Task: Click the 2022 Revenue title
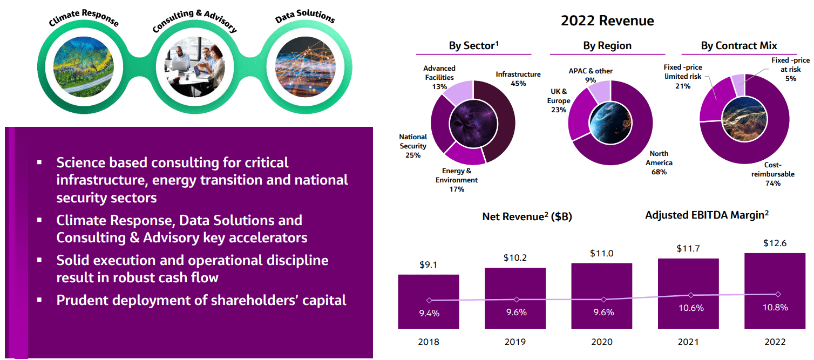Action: coord(607,21)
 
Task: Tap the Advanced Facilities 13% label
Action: coord(439,78)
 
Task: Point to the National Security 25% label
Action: coord(413,146)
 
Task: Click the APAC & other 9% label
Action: coord(591,76)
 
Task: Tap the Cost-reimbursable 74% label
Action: coord(765,174)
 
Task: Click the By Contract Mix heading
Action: coord(739,46)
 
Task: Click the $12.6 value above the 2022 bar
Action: coord(775,243)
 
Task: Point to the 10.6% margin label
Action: coord(690,308)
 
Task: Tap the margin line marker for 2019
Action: coord(517,300)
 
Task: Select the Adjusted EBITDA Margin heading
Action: coord(707,215)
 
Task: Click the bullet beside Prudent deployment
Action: coord(39,300)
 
